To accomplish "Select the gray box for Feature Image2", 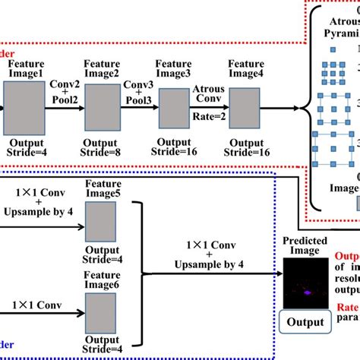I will click(x=102, y=107).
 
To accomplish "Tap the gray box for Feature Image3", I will click(x=173, y=107).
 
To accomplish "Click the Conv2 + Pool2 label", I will click(x=64, y=90).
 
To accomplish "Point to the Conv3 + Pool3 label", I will click(x=137, y=90).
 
